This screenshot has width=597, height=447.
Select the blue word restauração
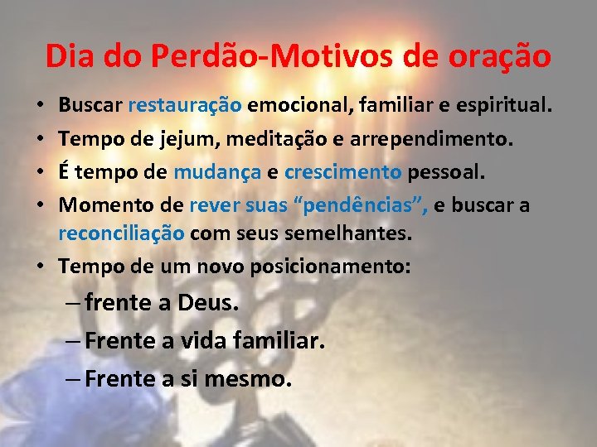click(x=185, y=106)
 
